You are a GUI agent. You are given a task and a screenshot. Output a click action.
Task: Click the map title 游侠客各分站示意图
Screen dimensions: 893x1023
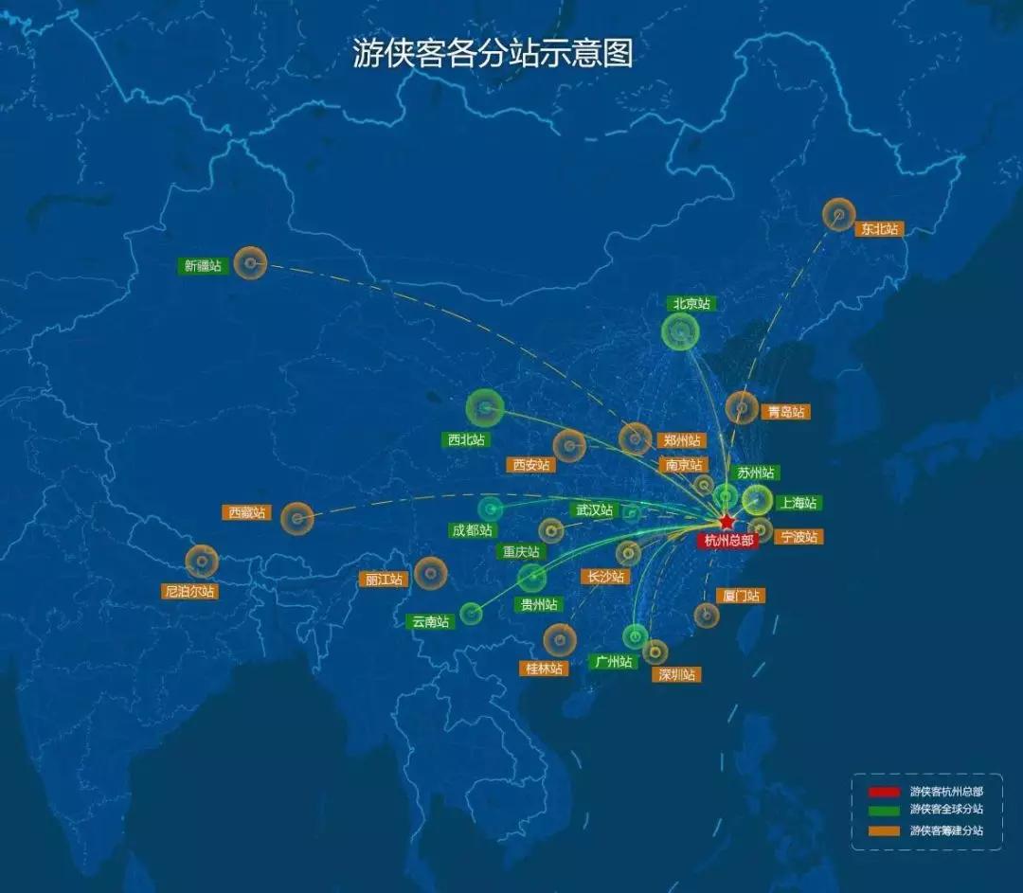point(493,54)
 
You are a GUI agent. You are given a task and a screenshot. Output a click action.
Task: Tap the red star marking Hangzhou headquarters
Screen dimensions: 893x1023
point(726,522)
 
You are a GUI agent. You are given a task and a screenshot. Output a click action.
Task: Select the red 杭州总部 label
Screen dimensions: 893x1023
point(729,541)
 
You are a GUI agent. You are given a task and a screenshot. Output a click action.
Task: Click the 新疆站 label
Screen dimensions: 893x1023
point(203,266)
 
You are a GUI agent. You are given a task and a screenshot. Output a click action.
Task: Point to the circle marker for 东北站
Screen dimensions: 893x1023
point(838,215)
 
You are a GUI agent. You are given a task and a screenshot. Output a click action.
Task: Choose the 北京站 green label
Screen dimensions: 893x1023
point(691,304)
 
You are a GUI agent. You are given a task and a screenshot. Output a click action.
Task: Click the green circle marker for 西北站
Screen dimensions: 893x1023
point(485,408)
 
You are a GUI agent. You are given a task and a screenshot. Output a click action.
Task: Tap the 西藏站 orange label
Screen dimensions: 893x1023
point(248,512)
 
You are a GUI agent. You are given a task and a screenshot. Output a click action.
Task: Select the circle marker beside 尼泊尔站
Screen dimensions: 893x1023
point(202,562)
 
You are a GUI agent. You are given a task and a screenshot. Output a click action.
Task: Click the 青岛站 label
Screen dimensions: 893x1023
point(786,412)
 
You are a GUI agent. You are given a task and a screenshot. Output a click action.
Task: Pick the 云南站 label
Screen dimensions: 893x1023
point(430,622)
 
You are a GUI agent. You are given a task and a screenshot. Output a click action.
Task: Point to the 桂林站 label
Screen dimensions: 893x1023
point(545,668)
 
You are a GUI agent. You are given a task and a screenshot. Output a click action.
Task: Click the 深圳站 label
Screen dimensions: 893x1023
point(676,674)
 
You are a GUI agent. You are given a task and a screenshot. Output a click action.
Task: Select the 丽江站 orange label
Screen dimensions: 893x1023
point(384,579)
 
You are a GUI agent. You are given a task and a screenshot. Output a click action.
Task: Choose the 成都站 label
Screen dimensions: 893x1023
point(473,530)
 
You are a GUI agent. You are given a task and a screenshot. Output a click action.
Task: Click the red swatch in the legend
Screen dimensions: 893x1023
point(885,791)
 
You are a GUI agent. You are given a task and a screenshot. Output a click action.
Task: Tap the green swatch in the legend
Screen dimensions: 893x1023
point(885,810)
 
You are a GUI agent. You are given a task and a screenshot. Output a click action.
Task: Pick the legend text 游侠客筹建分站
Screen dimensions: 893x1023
point(946,830)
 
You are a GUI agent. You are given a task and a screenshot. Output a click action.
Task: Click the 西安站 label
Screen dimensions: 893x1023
point(530,465)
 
